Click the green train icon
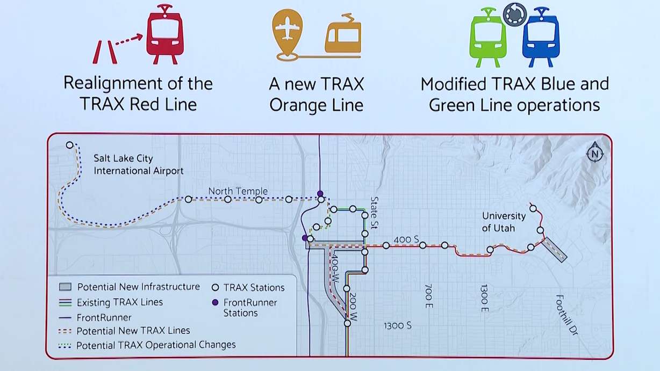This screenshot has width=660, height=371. pos(487,37)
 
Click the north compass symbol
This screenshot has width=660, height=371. pos(595,154)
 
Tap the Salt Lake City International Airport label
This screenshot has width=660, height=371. pos(138,165)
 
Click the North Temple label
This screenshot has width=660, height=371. pos(238,191)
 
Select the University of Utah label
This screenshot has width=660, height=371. pos(504,222)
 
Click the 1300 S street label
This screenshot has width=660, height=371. pos(397,326)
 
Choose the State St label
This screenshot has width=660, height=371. pos(375,208)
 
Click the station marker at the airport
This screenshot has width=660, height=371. pos(69,145)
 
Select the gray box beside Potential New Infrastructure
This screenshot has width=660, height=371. pos(64,287)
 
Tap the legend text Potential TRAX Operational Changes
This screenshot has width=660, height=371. pos(156,345)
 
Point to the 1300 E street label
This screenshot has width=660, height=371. pos(485,297)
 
